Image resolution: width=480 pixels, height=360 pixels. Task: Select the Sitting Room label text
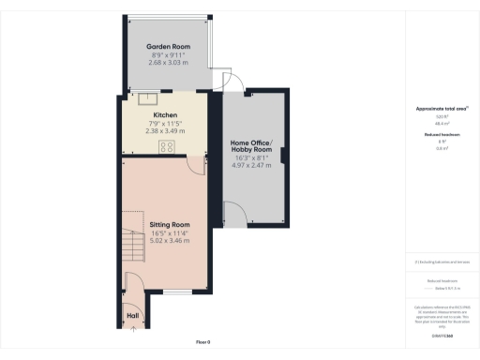pos(170,225)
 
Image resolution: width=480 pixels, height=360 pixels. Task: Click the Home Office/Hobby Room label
pos(250,146)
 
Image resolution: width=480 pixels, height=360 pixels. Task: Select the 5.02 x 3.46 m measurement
pos(170,242)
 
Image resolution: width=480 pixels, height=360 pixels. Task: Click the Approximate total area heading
pos(440,109)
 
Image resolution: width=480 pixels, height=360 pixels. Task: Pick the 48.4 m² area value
pos(440,124)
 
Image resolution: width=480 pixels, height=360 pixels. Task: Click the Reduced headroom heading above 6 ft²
pos(440,135)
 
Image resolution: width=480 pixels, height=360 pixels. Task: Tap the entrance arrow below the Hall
pos(132,330)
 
